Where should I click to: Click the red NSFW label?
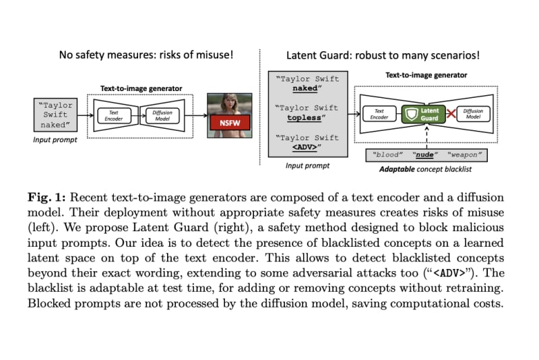[229, 123]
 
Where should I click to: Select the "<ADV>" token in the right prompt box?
[302, 147]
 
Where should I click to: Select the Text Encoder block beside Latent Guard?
[379, 114]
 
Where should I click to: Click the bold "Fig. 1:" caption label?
[46, 197]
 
